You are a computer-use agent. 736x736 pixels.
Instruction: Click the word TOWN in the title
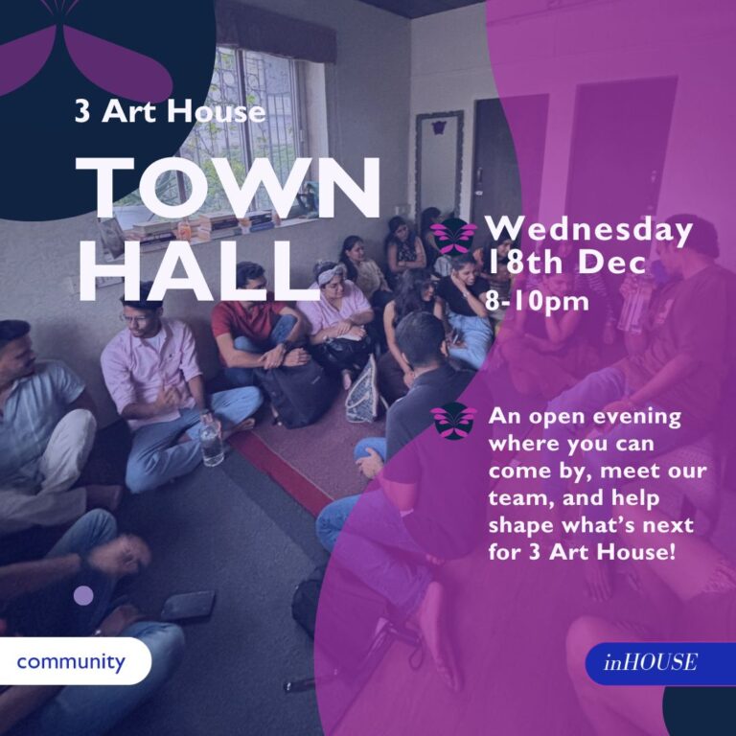pos(228,188)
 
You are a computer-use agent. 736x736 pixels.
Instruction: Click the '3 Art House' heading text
pos(170,112)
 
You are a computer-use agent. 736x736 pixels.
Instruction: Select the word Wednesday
pos(589,230)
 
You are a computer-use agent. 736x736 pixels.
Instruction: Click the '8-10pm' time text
pos(537,300)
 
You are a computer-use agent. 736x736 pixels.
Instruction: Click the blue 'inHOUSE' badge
pos(660,663)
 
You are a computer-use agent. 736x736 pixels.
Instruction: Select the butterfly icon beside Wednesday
pos(453,238)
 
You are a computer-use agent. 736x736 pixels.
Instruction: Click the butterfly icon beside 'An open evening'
pos(453,421)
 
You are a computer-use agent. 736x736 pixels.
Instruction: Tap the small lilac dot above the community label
pos(83,595)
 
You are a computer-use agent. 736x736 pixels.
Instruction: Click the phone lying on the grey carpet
pos(188,605)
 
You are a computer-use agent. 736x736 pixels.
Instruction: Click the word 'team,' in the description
pos(520,498)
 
